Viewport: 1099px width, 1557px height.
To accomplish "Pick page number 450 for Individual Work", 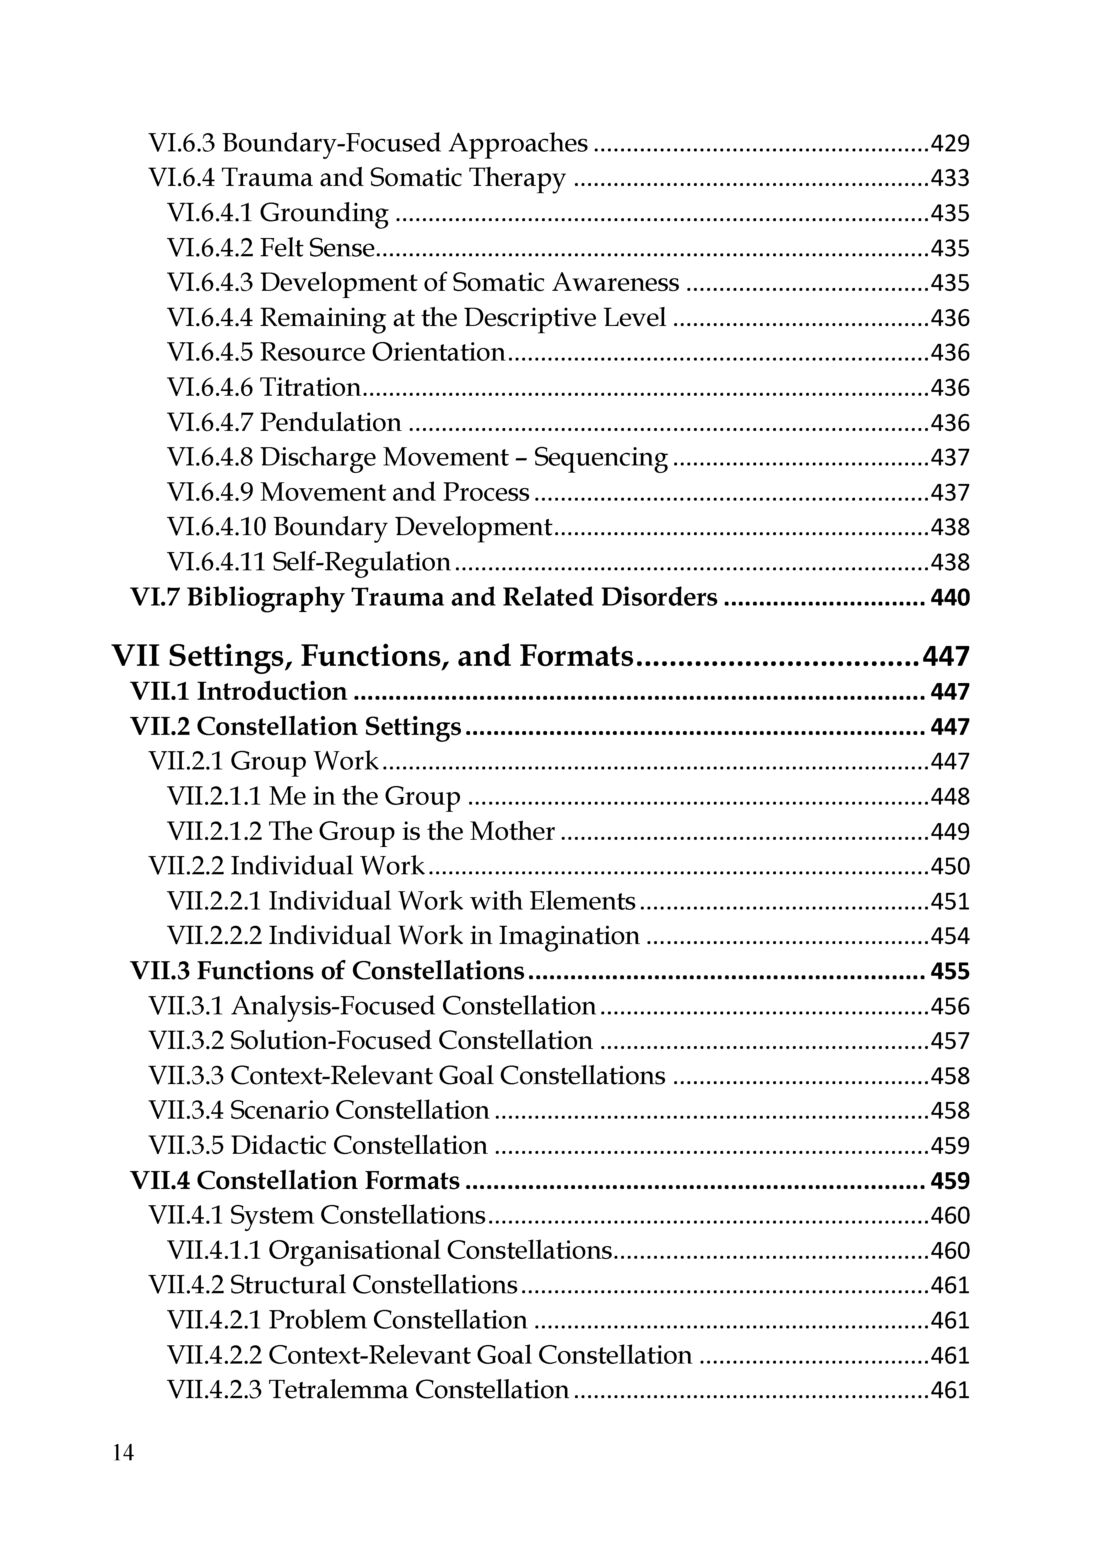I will (950, 867).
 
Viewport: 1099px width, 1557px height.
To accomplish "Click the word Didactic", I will (279, 1146).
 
